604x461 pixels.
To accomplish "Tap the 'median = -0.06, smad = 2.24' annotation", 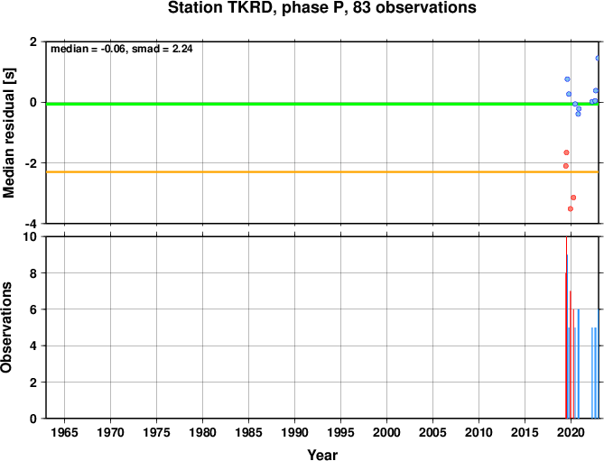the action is [122, 49].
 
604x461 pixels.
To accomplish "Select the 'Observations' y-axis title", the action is [6, 327].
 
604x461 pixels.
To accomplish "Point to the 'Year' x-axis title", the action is [322, 455].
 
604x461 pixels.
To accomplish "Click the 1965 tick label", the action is [64, 432].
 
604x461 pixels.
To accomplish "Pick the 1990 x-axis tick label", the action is [294, 432].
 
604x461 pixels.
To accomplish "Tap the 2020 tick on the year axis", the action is [571, 432].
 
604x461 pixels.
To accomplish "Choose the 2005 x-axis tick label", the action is [432, 432].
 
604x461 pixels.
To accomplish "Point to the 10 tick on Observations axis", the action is [30, 236].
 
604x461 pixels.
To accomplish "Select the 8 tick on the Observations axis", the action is [33, 273].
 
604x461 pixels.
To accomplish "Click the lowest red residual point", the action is [571, 209].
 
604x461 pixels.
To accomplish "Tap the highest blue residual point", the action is [598, 58].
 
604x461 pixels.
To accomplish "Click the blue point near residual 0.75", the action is [567, 79].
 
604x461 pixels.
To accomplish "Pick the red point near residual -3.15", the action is [573, 198].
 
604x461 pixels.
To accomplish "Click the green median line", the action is [322, 104].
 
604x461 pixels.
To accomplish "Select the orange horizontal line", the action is [322, 172].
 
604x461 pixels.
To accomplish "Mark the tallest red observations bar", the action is [566, 327].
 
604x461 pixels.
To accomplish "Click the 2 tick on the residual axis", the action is [33, 41].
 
